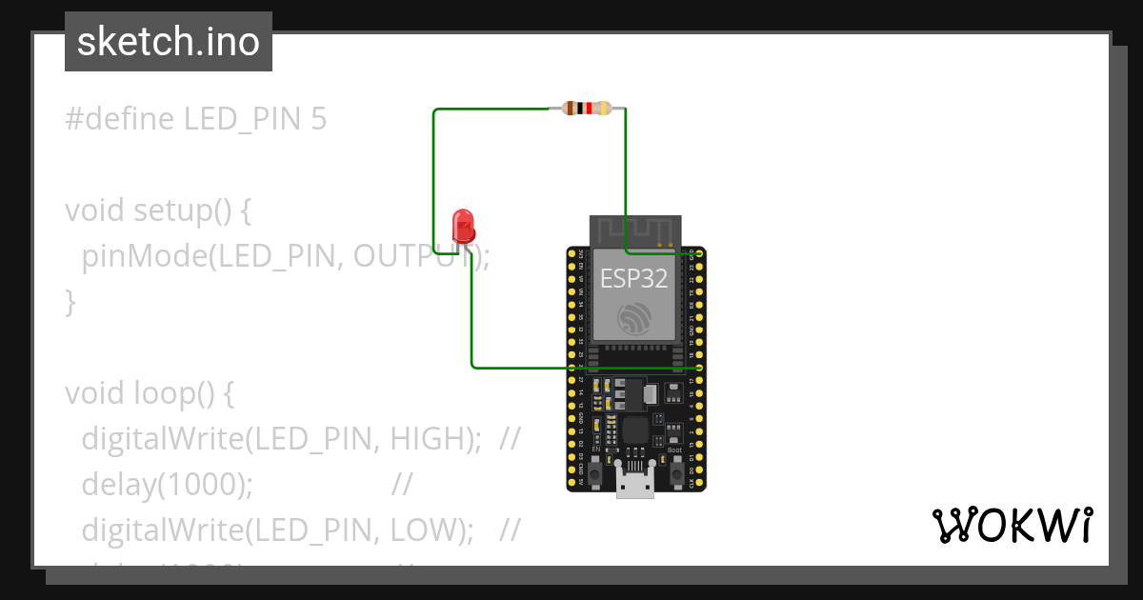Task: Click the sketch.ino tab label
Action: tap(169, 42)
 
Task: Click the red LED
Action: tap(464, 225)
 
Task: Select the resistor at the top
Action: tap(587, 109)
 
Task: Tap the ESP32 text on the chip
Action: tap(633, 278)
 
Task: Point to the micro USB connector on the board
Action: tap(635, 484)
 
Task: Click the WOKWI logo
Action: tap(1011, 525)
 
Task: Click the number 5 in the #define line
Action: tap(318, 119)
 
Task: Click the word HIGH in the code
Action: tap(431, 439)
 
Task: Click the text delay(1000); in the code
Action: tap(168, 485)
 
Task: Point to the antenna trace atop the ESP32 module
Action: tap(634, 230)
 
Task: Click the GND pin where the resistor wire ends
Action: tap(700, 253)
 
